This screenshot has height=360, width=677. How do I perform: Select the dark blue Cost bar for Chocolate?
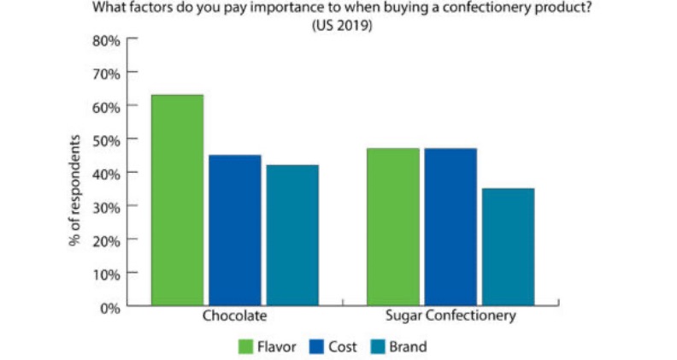coord(235,230)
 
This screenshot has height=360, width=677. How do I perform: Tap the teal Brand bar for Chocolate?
coord(291,235)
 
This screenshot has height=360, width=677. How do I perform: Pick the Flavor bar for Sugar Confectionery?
coord(393,227)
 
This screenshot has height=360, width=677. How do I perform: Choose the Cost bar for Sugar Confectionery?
coord(450,227)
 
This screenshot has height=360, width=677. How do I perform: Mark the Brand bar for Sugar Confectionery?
coord(508,246)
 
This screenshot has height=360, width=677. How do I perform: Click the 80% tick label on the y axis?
coord(107,39)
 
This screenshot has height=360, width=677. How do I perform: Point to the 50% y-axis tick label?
coord(107,139)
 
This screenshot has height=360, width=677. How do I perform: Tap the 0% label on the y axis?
coord(110,307)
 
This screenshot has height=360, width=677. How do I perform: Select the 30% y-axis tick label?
coord(107,206)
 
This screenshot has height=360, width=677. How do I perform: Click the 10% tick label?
coord(107,274)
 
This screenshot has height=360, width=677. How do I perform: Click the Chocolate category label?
coord(234,316)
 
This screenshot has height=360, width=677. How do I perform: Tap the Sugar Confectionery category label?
coord(450,316)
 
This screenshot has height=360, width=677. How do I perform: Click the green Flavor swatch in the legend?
coord(246,347)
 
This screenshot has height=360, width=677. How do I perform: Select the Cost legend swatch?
coord(313,347)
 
